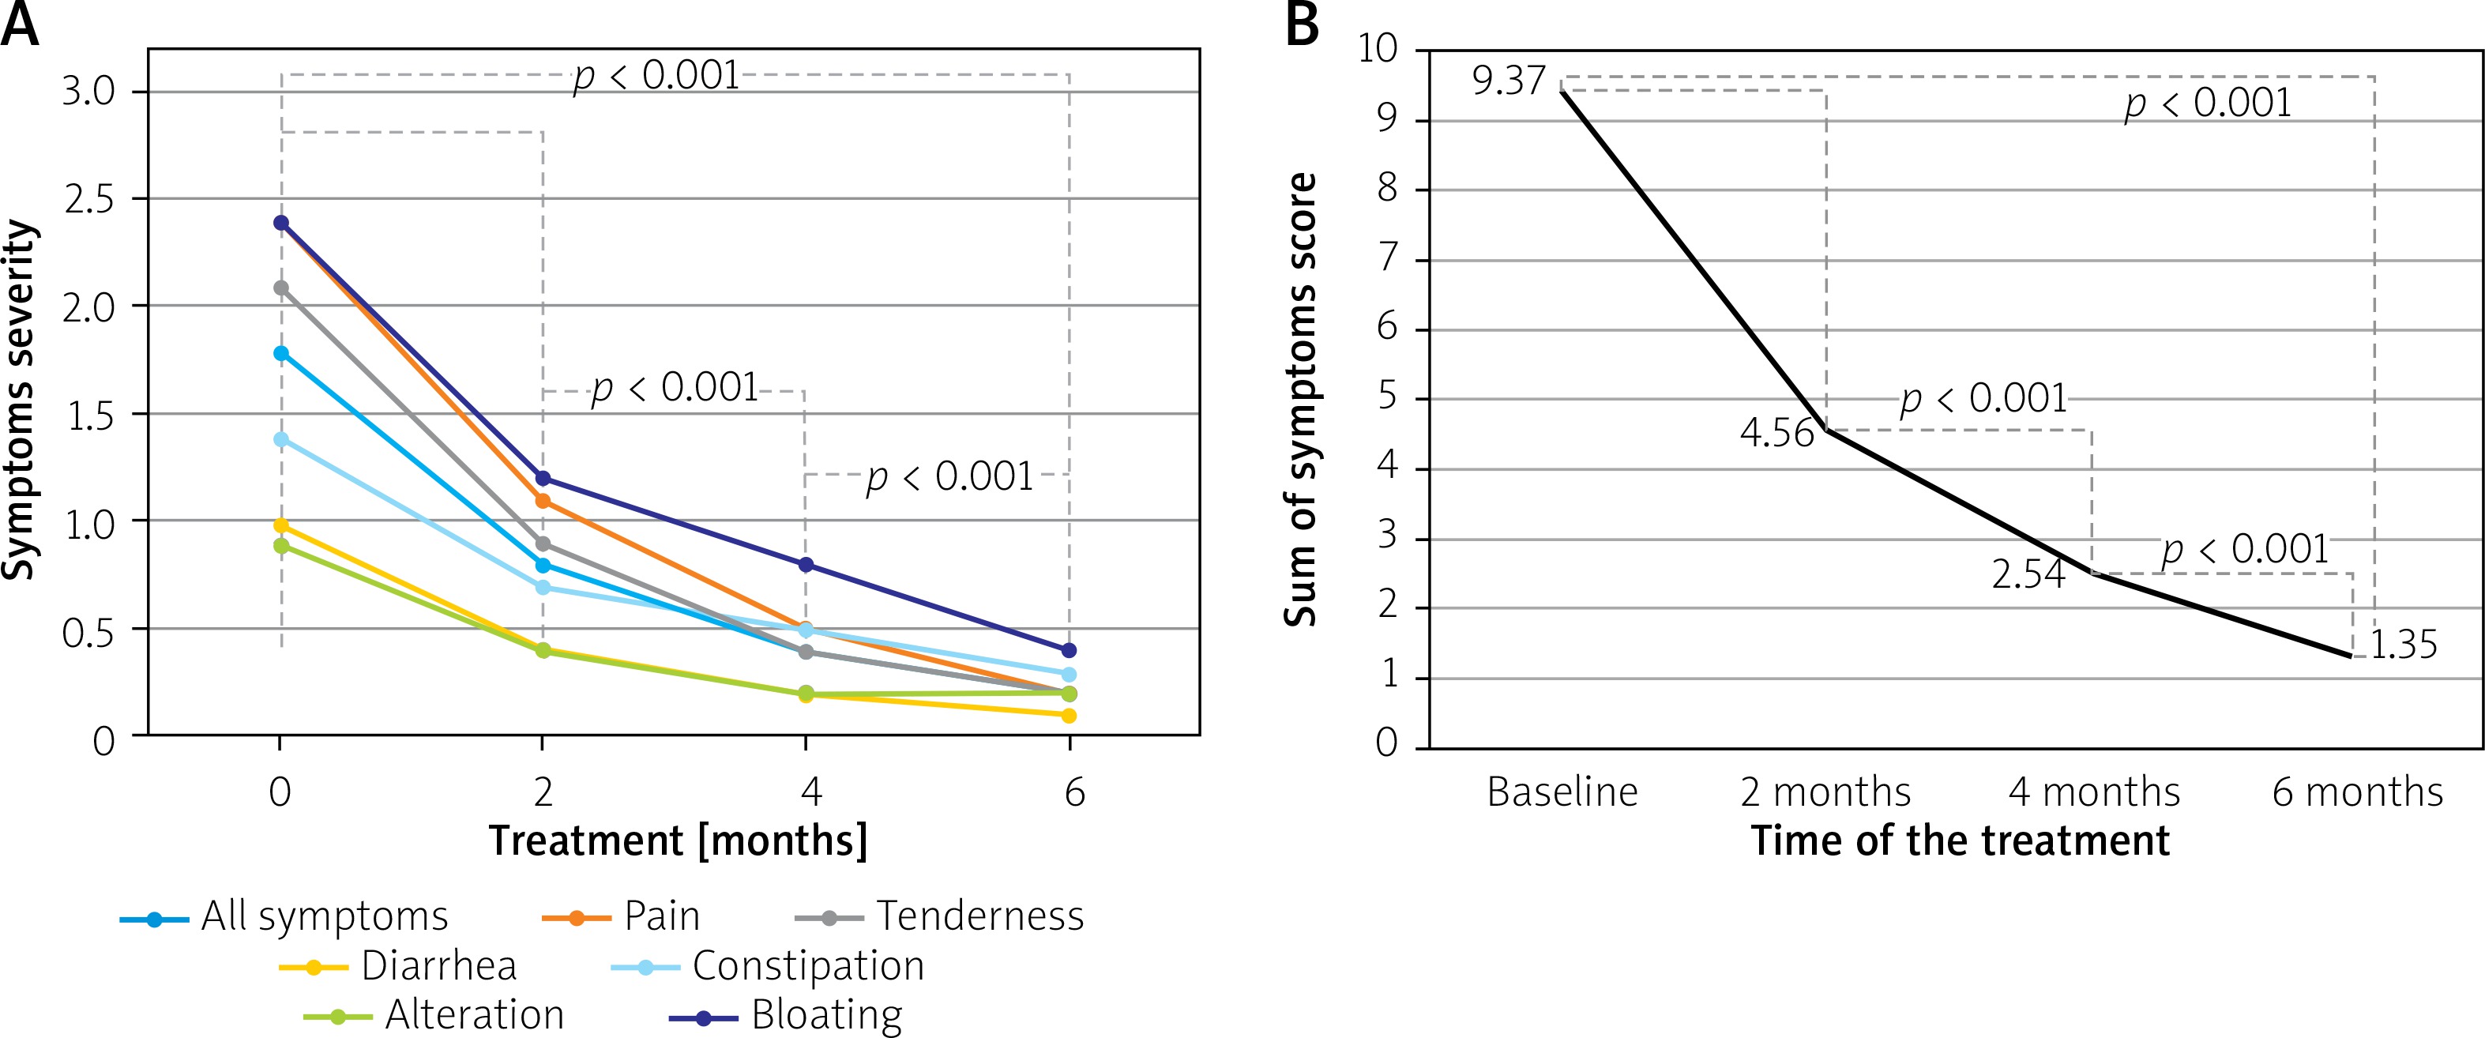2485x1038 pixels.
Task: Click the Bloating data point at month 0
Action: (280, 223)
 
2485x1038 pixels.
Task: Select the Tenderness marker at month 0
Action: (280, 288)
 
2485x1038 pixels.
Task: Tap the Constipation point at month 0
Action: (280, 439)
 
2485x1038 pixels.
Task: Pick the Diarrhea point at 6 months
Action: (1069, 715)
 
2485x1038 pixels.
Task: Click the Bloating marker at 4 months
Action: (806, 564)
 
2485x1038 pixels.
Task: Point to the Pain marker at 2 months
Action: (543, 501)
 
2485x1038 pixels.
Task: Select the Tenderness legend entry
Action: (940, 916)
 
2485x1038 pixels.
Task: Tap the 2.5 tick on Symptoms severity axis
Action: (88, 200)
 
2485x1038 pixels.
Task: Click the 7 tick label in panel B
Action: (1387, 258)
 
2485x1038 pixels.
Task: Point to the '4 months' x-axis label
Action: (2094, 792)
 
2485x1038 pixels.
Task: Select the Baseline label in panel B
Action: (1562, 792)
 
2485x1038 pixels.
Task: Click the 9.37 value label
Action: (1509, 81)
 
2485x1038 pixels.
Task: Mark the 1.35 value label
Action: (2403, 645)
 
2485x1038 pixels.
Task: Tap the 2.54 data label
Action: (2028, 574)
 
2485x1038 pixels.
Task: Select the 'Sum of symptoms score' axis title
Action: (1301, 400)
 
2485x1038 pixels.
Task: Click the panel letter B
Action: (1303, 25)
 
